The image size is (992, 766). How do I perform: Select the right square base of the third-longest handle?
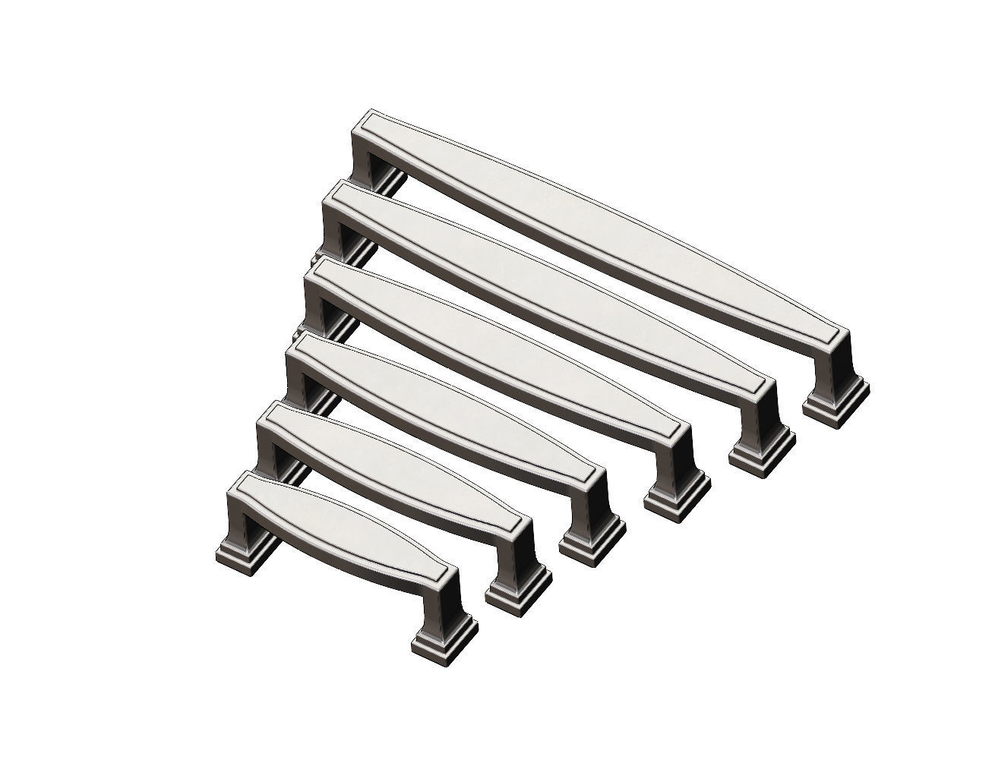tap(677, 498)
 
